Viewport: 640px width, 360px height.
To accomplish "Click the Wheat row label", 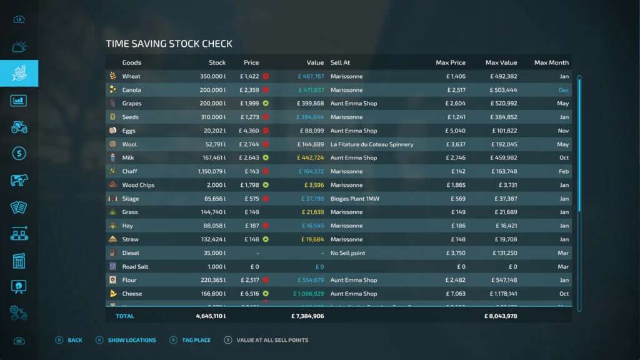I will tap(131, 76).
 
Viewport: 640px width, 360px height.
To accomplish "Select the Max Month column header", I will tap(551, 62).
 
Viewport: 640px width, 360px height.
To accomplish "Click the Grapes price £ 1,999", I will tap(249, 104).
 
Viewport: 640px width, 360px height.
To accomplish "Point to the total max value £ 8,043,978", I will tap(501, 316).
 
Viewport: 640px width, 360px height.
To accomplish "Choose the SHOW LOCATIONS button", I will tap(132, 340).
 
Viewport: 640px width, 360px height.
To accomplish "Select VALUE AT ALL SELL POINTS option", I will tap(272, 340).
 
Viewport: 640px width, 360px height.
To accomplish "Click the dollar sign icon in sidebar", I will tap(19, 153).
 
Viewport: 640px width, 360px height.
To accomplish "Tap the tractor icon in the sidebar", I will tap(19, 127).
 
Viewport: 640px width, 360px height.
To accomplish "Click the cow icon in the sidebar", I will tap(19, 180).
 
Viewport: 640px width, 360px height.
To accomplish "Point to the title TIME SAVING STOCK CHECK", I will tap(169, 44).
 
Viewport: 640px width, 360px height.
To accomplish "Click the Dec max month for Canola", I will tap(563, 90).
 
